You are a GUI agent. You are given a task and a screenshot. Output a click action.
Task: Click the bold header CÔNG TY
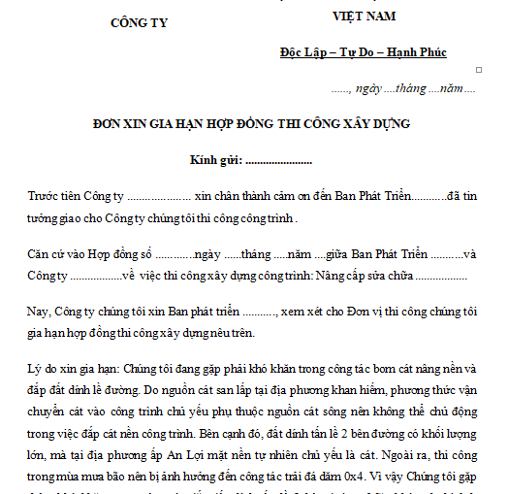(x=140, y=22)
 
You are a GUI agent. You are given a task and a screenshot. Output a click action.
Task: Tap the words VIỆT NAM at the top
(x=364, y=16)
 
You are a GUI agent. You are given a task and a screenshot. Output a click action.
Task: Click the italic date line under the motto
(x=402, y=88)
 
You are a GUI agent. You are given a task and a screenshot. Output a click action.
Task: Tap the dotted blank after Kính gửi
(x=280, y=160)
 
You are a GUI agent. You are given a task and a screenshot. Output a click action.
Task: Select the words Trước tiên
(x=56, y=195)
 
